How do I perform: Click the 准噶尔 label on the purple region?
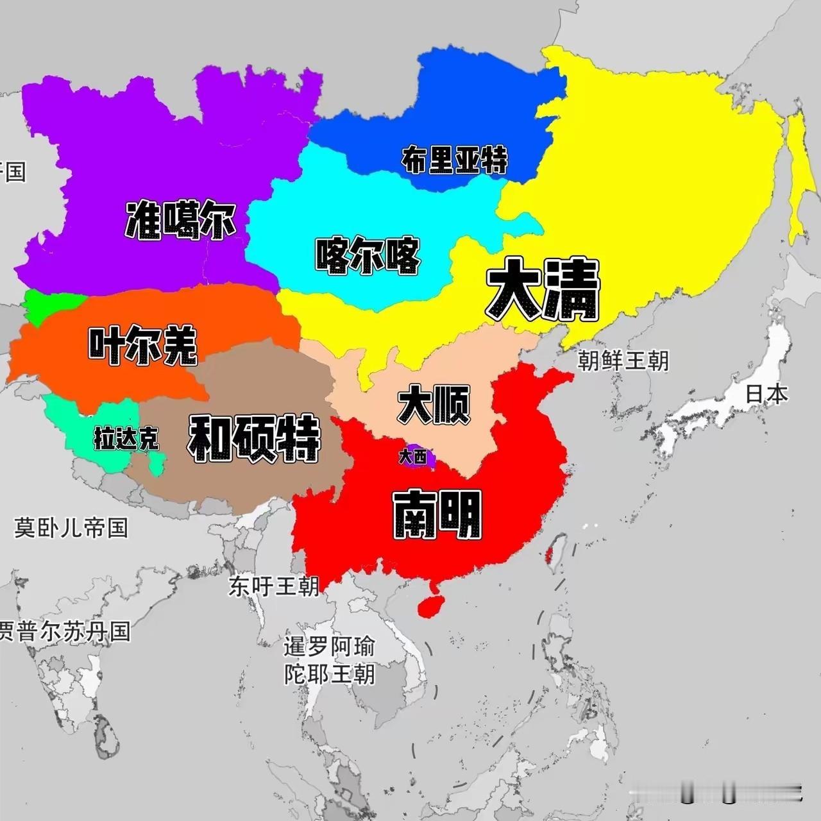181,221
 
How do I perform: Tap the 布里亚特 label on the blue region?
454,160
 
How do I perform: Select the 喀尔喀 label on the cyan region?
368,256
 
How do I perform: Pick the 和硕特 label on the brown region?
254,438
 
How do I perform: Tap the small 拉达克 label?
126,439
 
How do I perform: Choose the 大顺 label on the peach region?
434,404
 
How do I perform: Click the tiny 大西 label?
412,457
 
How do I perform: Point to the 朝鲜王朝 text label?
623,360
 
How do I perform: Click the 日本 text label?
766,394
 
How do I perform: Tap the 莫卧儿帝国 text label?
71,527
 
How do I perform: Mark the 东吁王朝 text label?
273,586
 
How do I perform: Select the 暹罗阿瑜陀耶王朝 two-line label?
329,660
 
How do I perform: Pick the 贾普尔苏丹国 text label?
64,631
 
